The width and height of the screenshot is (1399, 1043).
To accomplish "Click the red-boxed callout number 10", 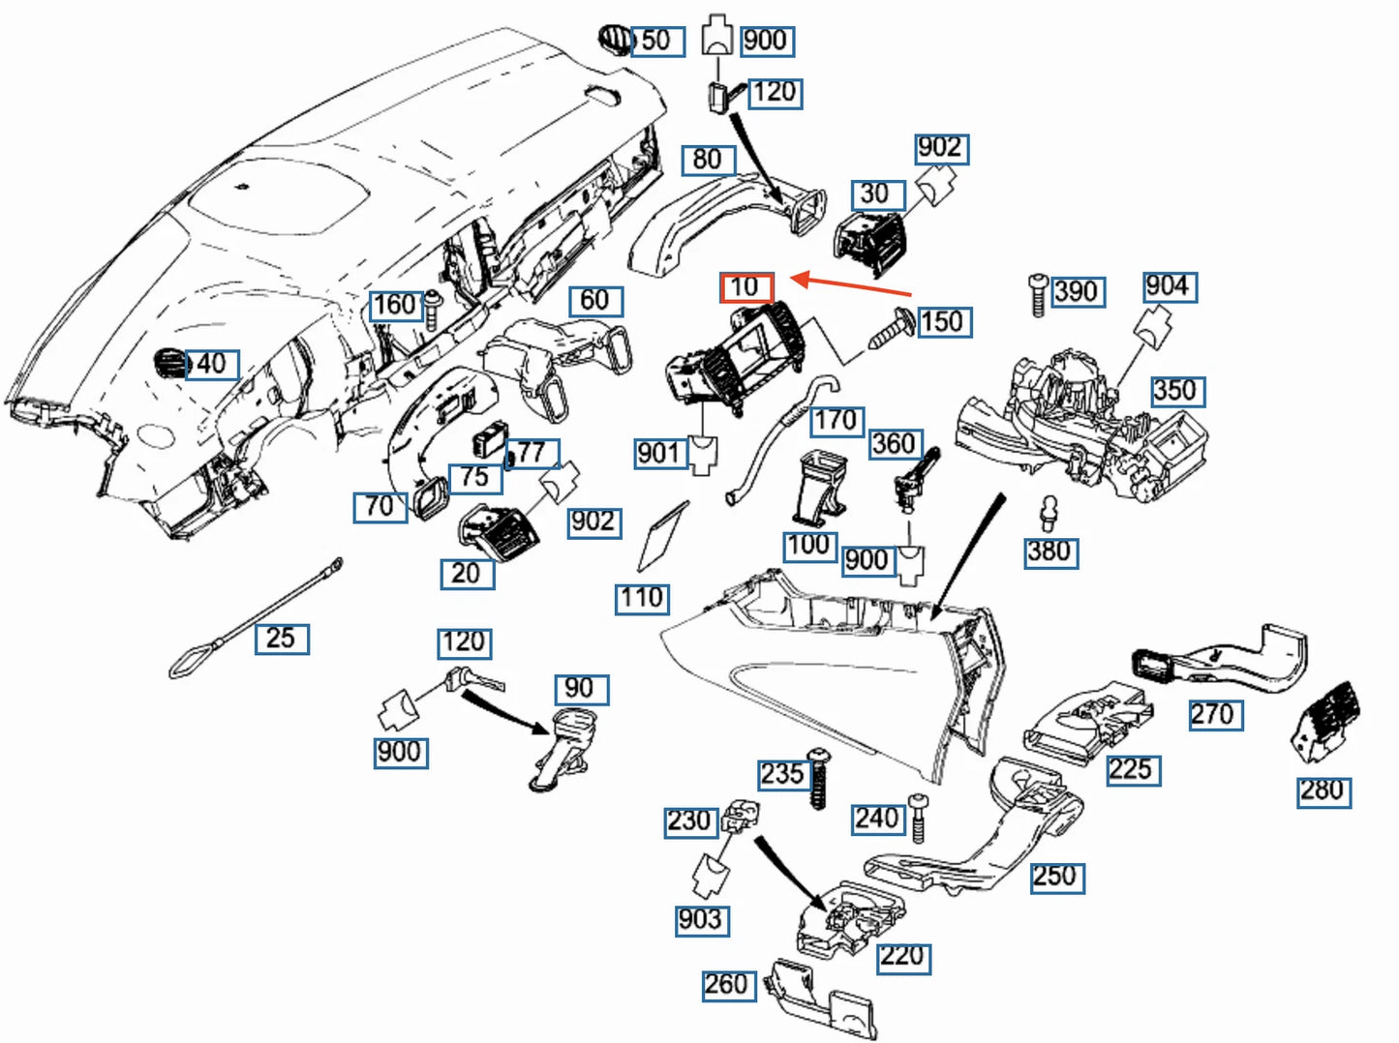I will coord(745,287).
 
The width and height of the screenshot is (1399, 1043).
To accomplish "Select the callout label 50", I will coord(657,42).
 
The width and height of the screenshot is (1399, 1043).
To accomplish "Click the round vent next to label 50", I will coord(616,41).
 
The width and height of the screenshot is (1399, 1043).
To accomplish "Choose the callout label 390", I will coord(1076,292).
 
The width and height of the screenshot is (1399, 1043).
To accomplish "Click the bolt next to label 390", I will coord(1037,294).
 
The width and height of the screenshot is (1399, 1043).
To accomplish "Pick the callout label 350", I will coord(1175,391).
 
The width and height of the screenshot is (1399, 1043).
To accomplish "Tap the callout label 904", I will coord(1168,286).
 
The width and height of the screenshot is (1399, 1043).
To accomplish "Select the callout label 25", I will coord(282,639).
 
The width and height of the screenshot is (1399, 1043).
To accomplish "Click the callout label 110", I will coord(643,599).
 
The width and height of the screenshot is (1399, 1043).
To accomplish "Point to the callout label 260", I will coord(727,985).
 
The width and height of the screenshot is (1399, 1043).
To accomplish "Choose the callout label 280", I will coord(1323,790).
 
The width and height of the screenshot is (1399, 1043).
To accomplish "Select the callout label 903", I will coord(701,920).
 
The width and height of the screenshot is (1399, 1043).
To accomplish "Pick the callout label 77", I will coord(532,453).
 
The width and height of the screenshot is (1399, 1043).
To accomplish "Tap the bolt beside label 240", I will coord(918,818).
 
